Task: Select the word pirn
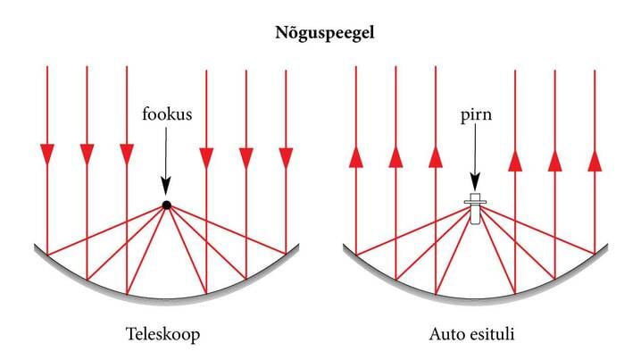475,114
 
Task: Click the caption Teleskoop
165,334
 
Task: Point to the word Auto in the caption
449,334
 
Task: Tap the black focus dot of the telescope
166,205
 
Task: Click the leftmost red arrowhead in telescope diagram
47,156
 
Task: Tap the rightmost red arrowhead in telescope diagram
286,156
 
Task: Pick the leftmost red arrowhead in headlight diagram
355,158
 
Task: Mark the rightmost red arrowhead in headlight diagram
595,158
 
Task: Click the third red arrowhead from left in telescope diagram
126,156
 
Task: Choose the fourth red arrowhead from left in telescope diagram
206,156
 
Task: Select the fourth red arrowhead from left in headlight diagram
515,158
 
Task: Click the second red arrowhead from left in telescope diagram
87,156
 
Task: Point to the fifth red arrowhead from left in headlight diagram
555,158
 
